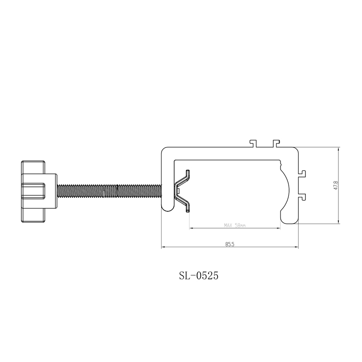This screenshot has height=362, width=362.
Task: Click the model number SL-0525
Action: (x=199, y=276)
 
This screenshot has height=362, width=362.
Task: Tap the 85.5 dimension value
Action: (x=230, y=244)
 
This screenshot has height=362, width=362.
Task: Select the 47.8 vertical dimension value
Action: (x=335, y=186)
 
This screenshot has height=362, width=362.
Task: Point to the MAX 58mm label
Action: (x=235, y=225)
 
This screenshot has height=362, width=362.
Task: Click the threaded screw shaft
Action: (x=109, y=191)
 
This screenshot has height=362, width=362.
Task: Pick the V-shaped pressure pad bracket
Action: (x=182, y=191)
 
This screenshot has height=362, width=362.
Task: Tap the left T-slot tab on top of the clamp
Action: (x=254, y=143)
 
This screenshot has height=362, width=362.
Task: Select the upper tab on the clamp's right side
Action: (x=302, y=174)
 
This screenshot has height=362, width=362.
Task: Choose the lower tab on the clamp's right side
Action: (x=302, y=197)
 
